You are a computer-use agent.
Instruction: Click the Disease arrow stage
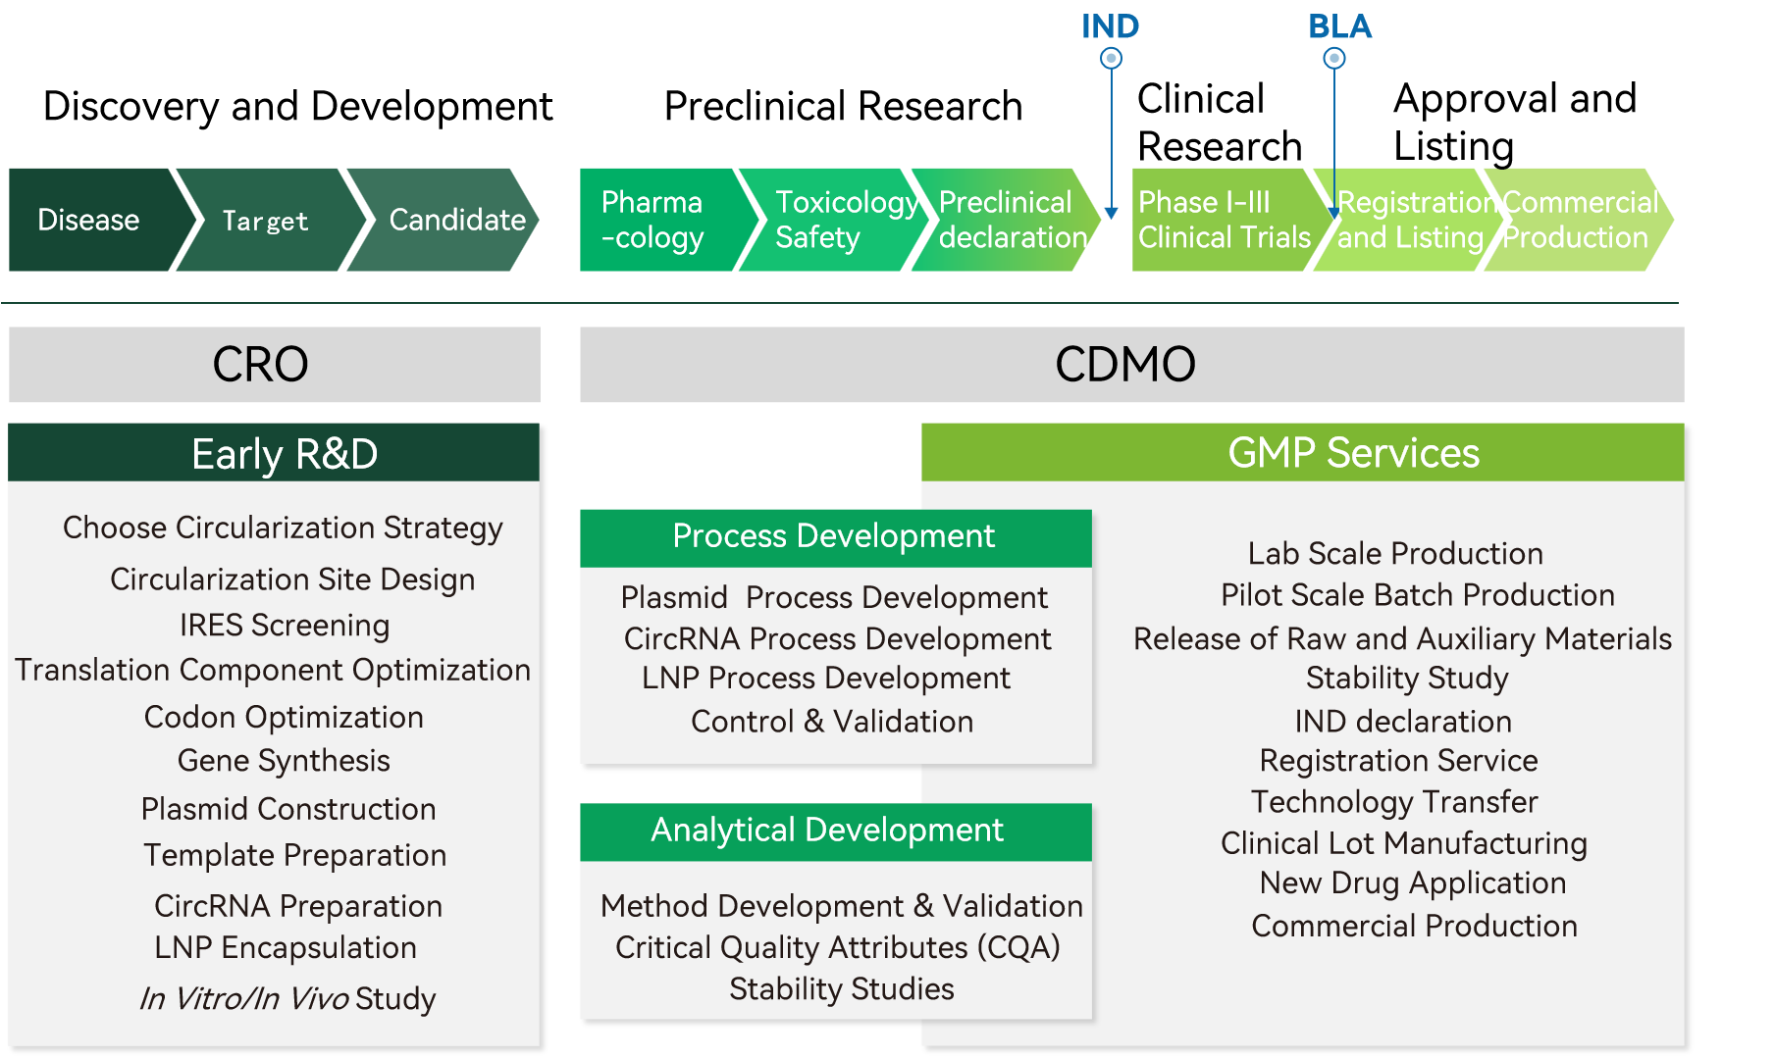90,220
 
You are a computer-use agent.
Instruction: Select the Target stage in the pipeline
265,221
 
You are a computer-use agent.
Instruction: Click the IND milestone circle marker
1111,59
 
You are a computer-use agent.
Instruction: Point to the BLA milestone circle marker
1334,59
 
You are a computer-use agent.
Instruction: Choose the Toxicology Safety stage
834,220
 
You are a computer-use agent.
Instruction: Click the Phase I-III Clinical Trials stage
1223,220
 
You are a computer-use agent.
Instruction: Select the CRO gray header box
275,365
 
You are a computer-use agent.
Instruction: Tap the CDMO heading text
1125,365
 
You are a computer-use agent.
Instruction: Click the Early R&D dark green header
275,453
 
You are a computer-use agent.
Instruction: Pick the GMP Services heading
1353,453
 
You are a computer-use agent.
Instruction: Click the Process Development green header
834,537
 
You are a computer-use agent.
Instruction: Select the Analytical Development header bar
834,831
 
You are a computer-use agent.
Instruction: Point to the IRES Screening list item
285,626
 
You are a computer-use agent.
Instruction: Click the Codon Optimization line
284,718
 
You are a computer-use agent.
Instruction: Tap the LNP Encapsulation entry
286,948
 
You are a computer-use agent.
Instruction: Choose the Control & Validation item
832,722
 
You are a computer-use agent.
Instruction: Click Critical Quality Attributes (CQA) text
837,948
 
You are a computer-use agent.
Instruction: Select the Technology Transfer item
1394,802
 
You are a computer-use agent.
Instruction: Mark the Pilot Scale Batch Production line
1417,595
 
